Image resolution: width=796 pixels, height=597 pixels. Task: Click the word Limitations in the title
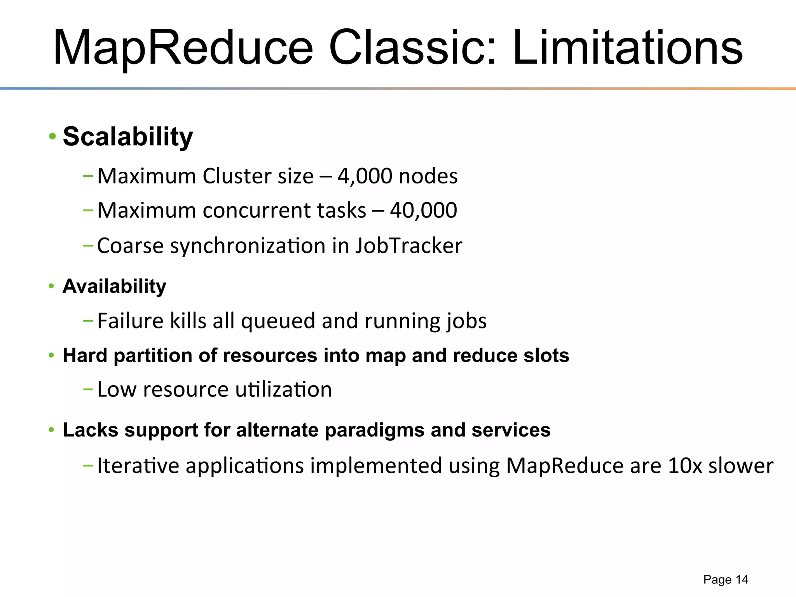(627, 48)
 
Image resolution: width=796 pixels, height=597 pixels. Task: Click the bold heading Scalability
(128, 137)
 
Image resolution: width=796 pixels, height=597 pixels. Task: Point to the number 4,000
(365, 176)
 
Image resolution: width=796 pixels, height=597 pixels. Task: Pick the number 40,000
(423, 211)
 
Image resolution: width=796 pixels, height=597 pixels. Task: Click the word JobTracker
(408, 246)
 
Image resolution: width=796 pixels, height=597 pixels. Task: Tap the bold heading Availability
(114, 287)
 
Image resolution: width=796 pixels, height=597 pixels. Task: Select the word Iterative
(138, 466)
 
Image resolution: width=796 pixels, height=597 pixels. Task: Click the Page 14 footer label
(725, 580)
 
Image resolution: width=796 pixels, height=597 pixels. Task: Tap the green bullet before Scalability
(52, 137)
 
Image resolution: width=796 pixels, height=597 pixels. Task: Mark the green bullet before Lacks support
(51, 430)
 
